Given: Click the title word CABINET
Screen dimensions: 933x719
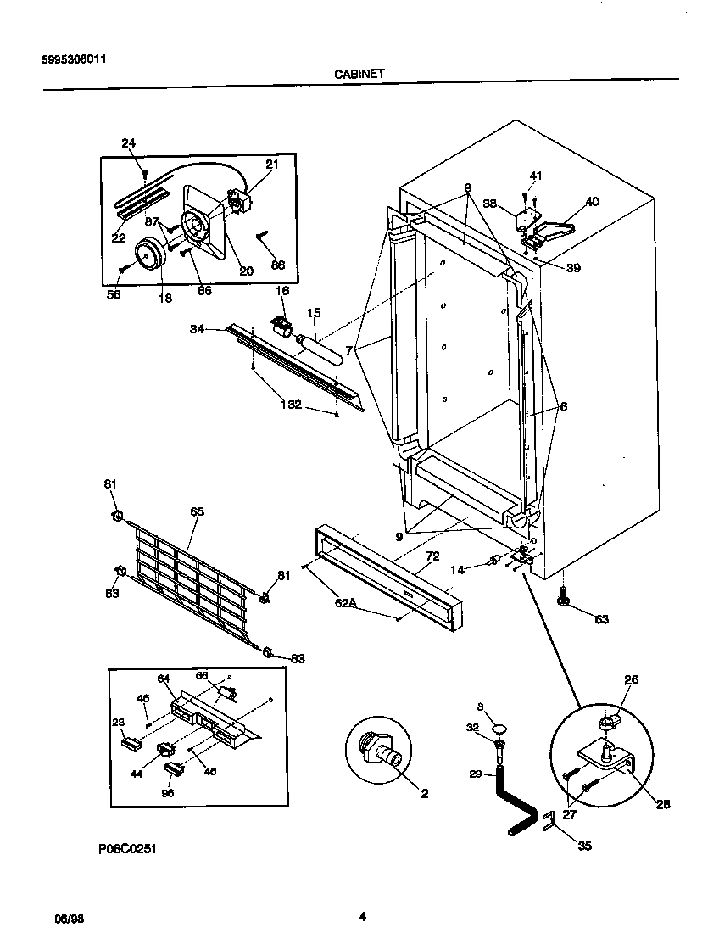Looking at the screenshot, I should (x=359, y=74).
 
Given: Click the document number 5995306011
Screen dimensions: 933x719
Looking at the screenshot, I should (x=74, y=59).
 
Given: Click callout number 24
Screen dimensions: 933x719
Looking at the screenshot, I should (x=128, y=143).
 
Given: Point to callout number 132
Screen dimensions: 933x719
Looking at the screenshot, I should (x=291, y=405).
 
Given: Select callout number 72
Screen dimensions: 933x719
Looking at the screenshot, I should (x=432, y=556).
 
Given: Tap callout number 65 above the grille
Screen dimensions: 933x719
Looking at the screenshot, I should (x=197, y=511).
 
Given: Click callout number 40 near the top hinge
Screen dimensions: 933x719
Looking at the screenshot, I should (x=592, y=201).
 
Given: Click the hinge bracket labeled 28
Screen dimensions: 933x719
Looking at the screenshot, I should (x=605, y=759).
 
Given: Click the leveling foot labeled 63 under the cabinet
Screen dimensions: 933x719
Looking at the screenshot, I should (x=562, y=599).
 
